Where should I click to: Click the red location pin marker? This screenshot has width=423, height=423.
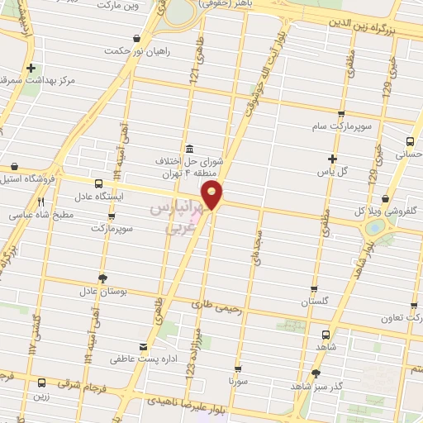coord(213,197)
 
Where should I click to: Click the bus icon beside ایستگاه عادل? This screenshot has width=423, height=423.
coord(100,184)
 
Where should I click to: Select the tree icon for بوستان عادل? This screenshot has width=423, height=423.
coord(102,278)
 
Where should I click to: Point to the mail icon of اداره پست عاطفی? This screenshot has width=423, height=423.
coord(145,347)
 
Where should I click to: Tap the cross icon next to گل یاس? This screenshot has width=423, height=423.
coord(331,159)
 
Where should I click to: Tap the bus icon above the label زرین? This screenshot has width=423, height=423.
coord(41,383)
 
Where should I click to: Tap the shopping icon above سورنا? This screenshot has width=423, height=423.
coord(239,369)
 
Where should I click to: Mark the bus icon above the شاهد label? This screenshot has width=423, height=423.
coord(325,335)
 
